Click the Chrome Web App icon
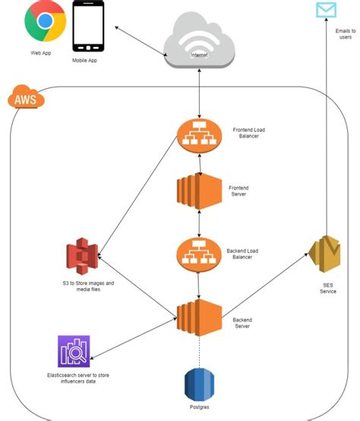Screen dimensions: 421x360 coord(45,24)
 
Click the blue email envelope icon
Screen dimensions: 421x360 coord(326,10)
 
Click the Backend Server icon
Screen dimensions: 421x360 coord(198,315)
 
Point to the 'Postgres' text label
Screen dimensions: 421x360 coord(200,408)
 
